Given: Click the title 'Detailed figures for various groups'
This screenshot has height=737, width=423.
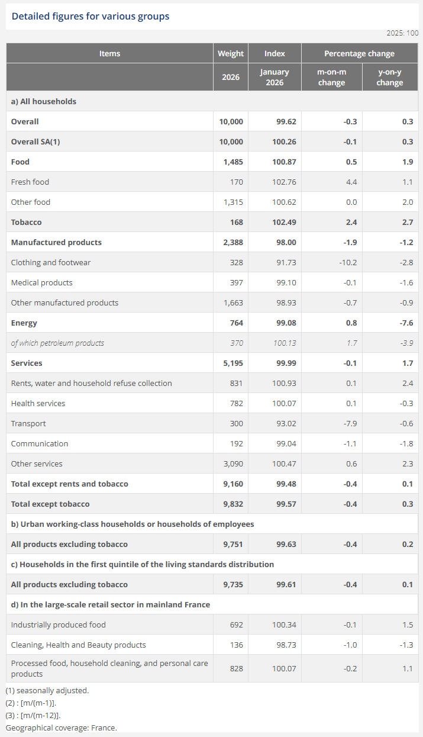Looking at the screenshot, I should pos(91,17).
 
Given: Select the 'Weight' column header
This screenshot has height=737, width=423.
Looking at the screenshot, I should pos(231,53).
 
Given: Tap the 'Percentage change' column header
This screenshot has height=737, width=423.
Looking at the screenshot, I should pos(359,53).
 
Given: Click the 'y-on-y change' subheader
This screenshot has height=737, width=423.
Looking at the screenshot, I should pos(389,77).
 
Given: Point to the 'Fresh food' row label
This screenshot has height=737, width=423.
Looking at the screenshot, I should pos(30,182).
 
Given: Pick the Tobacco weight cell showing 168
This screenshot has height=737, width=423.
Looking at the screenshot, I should pos(236,222).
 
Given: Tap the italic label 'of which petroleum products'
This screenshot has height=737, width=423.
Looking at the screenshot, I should pos(57,343).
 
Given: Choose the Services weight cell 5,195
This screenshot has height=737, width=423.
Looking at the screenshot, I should pos(232,363).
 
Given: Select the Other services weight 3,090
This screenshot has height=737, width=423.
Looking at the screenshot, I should pos(232,464).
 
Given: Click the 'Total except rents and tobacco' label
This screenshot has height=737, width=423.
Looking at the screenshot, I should pos(70,484).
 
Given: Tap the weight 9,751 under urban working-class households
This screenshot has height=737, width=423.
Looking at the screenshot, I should pos(232,544).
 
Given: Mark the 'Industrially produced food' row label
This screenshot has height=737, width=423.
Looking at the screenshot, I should pos(59,625).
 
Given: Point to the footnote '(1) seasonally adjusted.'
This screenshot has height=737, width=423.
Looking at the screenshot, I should pos(47,690).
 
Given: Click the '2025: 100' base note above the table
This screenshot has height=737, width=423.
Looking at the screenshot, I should pos(402,33).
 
